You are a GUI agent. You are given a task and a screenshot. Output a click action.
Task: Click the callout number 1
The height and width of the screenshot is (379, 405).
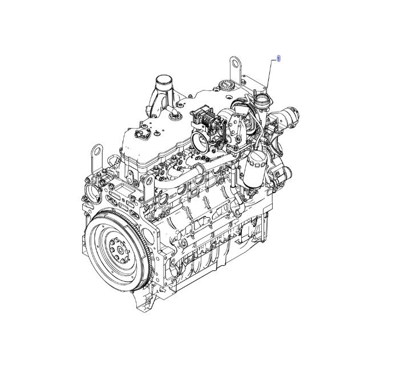(278, 59)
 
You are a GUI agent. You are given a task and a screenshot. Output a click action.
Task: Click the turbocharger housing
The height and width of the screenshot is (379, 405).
(240, 114)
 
